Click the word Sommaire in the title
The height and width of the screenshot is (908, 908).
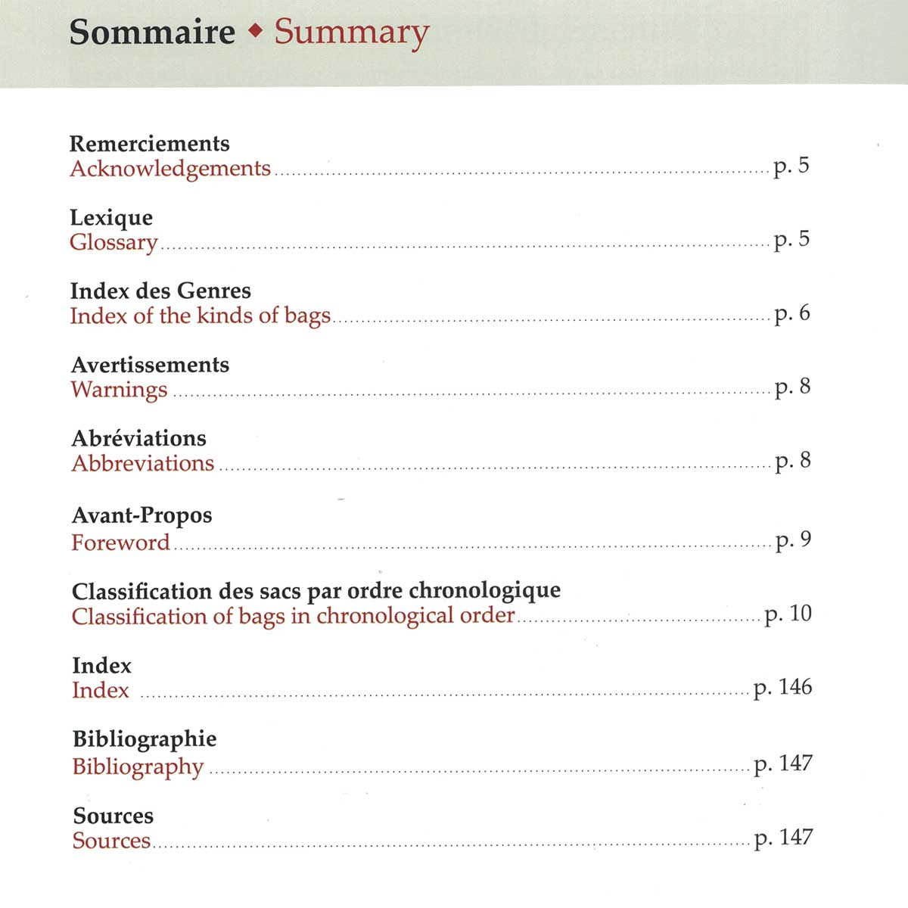pyautogui.click(x=152, y=33)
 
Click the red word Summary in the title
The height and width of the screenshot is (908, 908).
pyautogui.click(x=351, y=33)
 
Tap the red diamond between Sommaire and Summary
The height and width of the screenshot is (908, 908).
pyautogui.click(x=256, y=32)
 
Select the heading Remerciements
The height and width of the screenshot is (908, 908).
pyautogui.click(x=149, y=143)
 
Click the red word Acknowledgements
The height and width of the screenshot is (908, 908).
pyautogui.click(x=170, y=169)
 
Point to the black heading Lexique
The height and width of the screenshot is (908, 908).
pyautogui.click(x=111, y=218)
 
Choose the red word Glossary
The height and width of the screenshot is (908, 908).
pyautogui.click(x=113, y=243)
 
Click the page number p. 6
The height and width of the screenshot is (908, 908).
pyautogui.click(x=791, y=313)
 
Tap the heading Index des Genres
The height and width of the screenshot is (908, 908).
pyautogui.click(x=160, y=291)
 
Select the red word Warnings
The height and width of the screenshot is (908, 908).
pyautogui.click(x=119, y=390)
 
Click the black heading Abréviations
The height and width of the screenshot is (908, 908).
pyautogui.click(x=138, y=438)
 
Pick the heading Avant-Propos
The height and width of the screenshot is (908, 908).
pyautogui.click(x=141, y=515)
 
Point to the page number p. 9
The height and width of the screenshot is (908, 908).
pyautogui.click(x=793, y=540)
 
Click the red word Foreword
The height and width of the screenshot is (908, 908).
pyautogui.click(x=120, y=543)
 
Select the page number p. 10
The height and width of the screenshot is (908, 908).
pyautogui.click(x=788, y=614)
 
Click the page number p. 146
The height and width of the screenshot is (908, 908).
pyautogui.click(x=782, y=687)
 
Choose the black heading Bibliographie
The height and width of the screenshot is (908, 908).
pyautogui.click(x=145, y=739)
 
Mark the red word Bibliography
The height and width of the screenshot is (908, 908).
pyautogui.click(x=138, y=767)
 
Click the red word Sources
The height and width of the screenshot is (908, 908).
pyautogui.click(x=111, y=841)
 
